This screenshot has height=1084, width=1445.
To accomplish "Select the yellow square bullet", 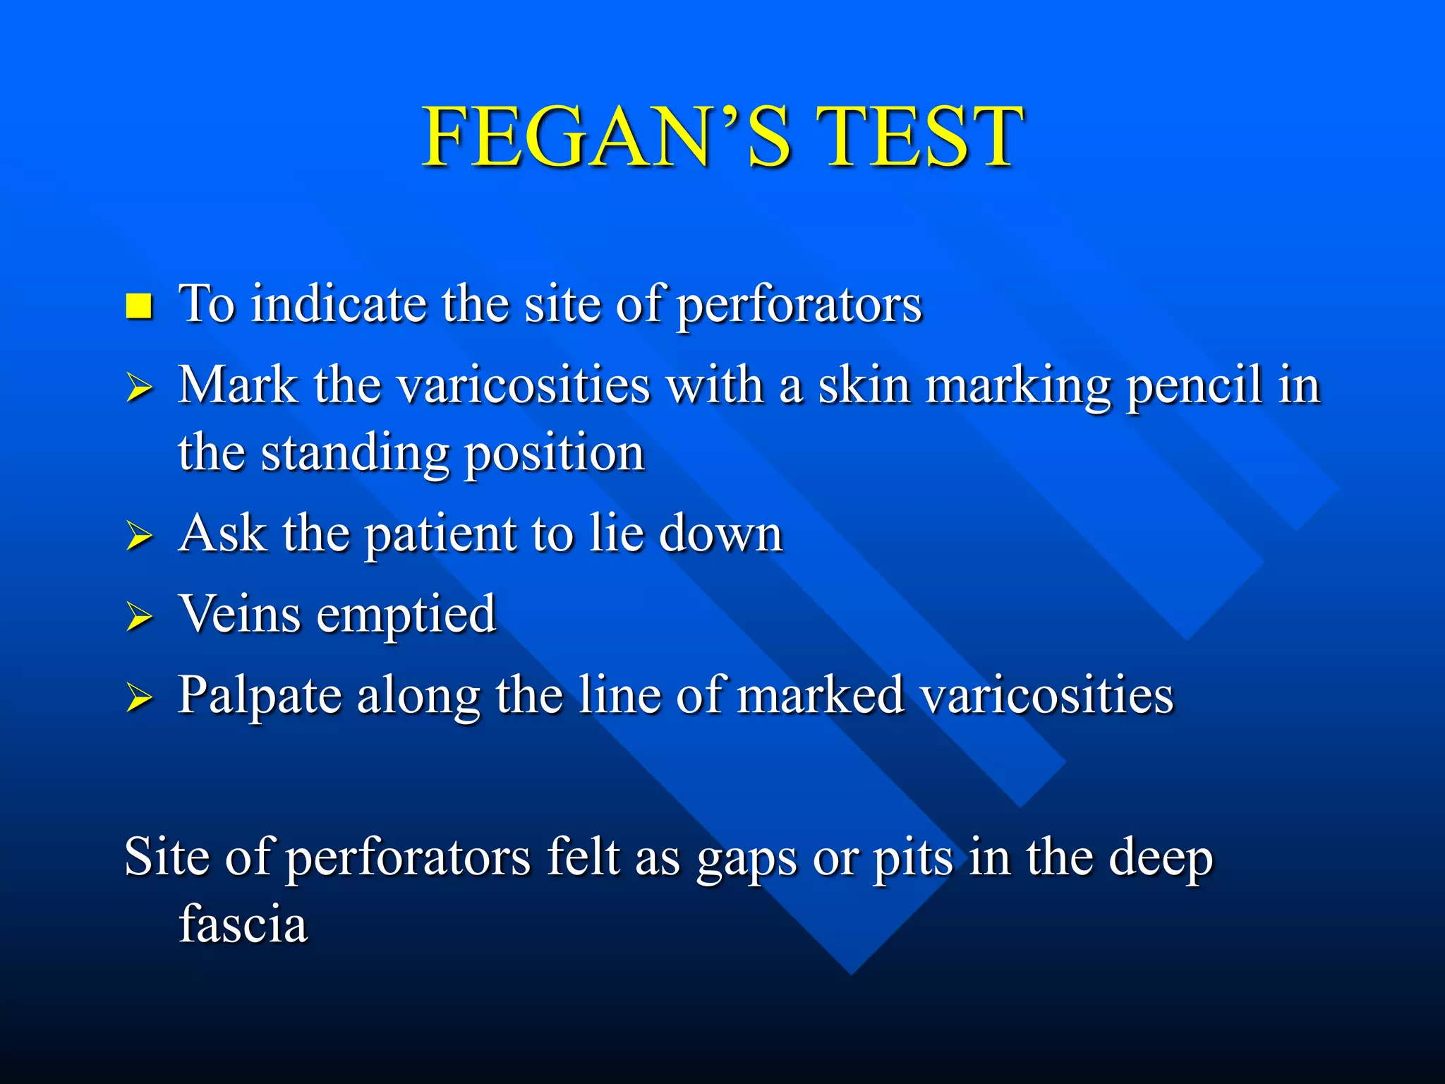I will pos(139,306).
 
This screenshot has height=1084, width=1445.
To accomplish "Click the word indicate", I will pos(338,304).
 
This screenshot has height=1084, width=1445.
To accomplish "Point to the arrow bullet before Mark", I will pos(139,388).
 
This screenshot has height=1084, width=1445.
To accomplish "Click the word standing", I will pos(355,453).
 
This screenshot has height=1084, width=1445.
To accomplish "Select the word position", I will pos(555,453).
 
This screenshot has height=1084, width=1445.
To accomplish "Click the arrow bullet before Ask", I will pos(139,536).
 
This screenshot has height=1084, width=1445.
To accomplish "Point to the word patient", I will pos(441,534).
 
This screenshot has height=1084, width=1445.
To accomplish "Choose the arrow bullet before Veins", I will pos(139,617).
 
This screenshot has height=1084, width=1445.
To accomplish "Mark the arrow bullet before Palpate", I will pos(139,698).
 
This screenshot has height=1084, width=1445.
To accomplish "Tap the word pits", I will pos(913,858).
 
